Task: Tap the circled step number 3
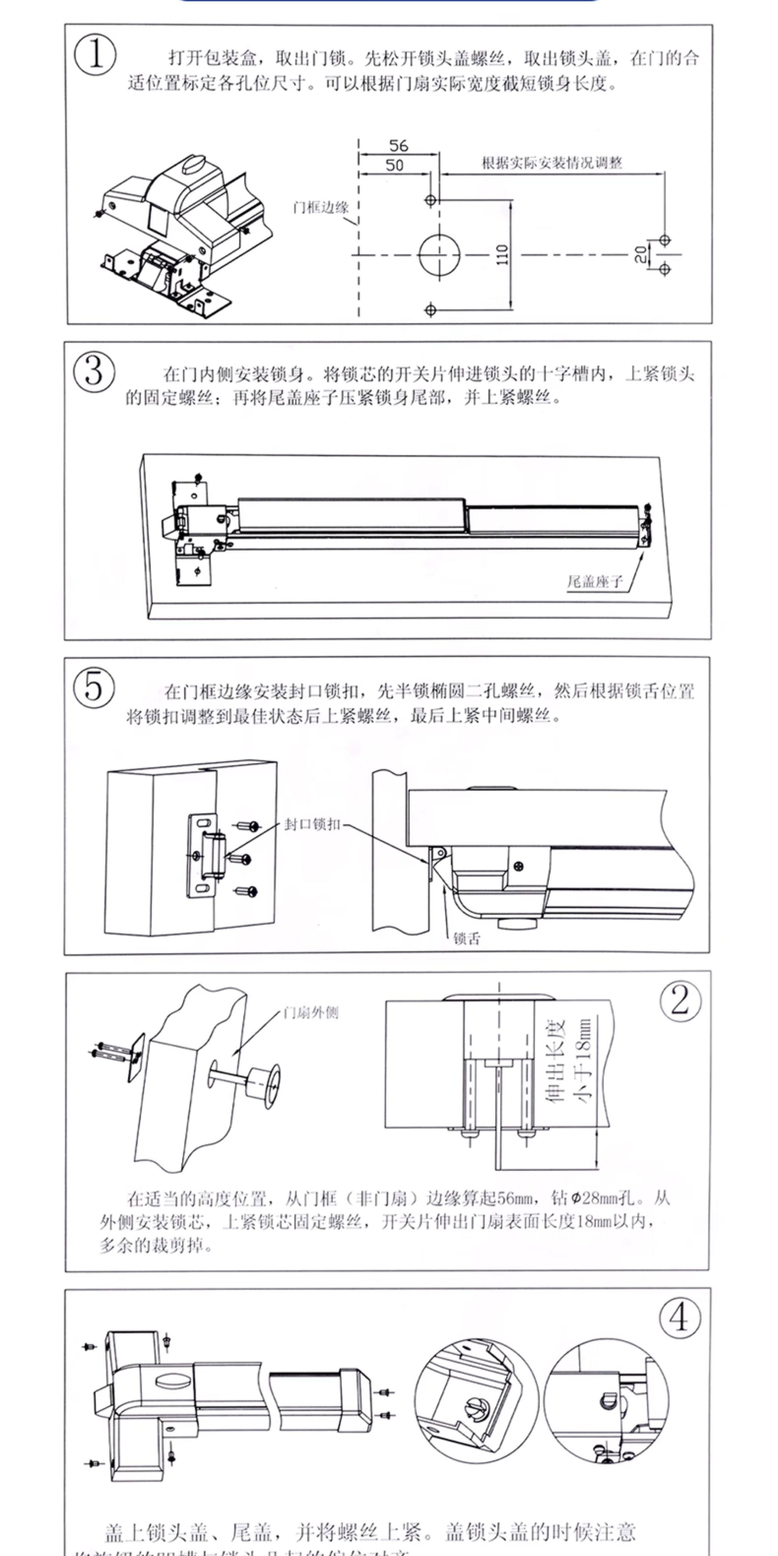(x=93, y=371)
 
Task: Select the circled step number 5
(x=93, y=687)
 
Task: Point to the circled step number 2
(x=680, y=1001)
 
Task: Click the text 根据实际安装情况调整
(x=552, y=163)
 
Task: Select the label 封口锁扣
(x=312, y=824)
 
